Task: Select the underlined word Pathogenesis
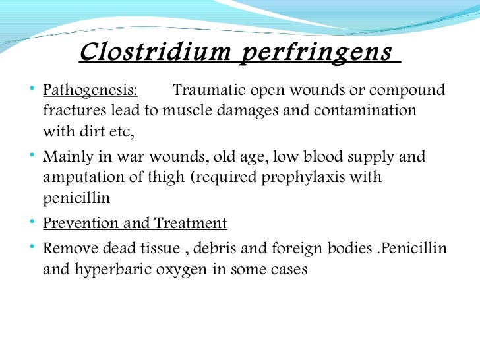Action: click(90, 90)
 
